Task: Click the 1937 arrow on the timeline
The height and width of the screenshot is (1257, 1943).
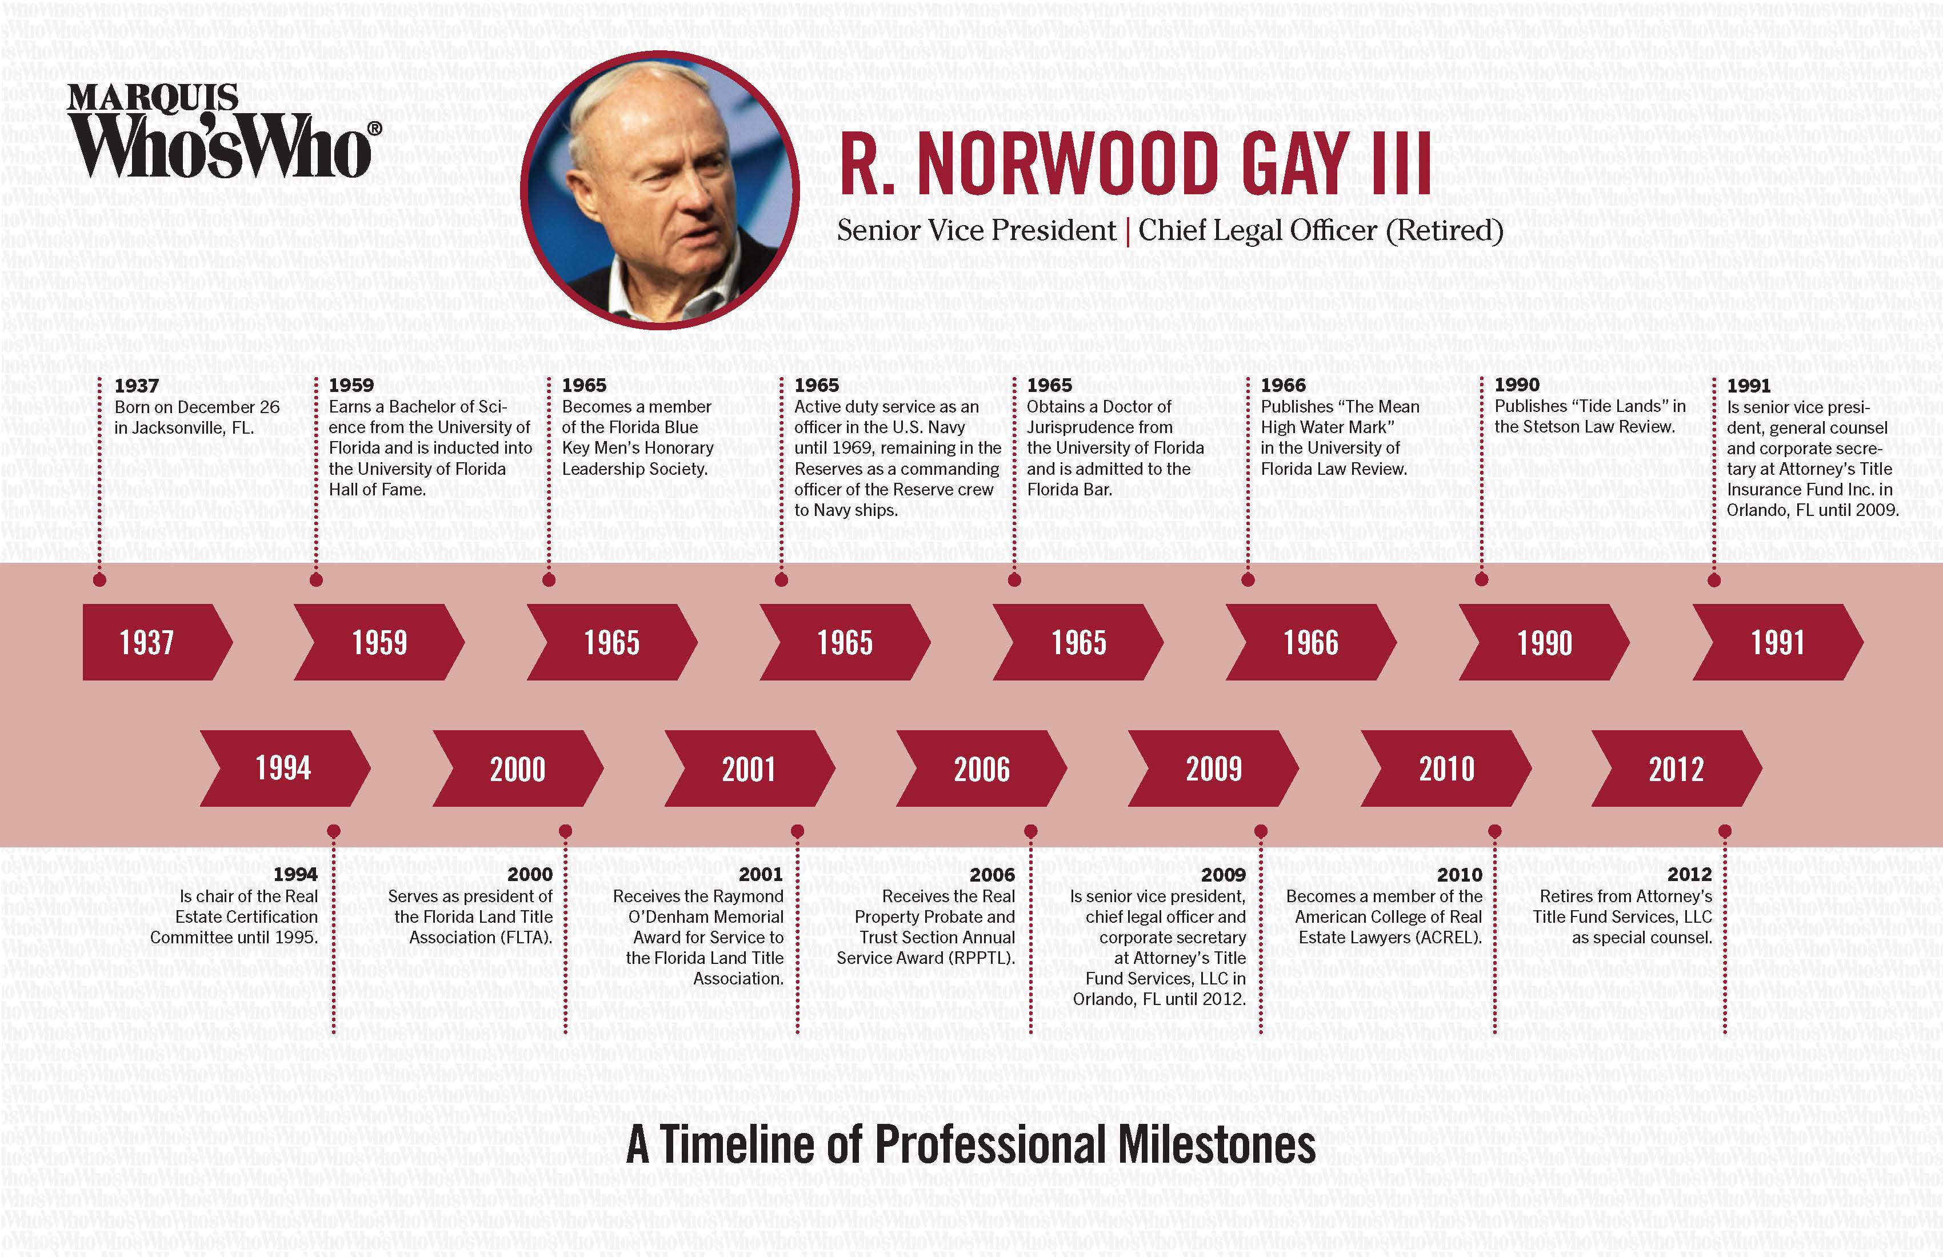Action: point(151,642)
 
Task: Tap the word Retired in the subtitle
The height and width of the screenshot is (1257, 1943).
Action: point(1444,231)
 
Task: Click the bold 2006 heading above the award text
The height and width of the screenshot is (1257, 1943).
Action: point(992,875)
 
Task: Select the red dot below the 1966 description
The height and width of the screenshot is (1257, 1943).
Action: point(1248,581)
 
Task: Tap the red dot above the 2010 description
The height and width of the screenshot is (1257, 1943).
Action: point(1495,831)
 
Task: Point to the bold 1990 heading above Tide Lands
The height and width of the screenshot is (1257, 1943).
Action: point(1517,385)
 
